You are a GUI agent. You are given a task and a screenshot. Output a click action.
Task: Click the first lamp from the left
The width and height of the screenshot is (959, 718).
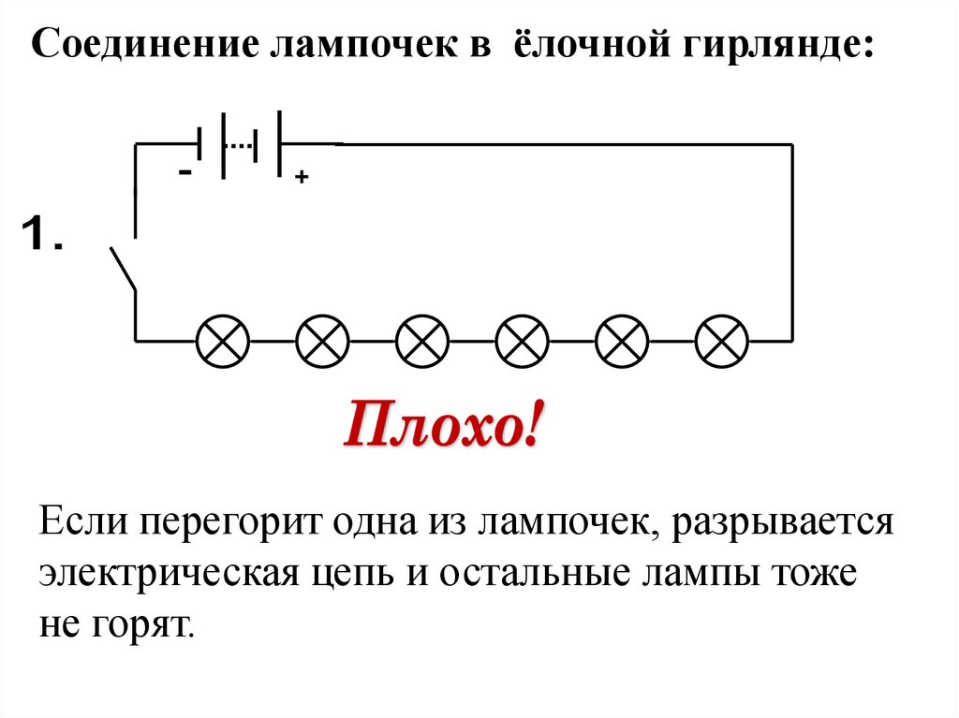[x=223, y=341]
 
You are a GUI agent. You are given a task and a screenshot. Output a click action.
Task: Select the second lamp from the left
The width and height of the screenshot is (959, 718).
[x=323, y=341]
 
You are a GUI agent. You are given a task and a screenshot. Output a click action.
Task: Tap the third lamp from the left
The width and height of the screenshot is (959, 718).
[x=423, y=341]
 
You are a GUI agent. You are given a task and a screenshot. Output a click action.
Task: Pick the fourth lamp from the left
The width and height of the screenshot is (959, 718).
[x=523, y=341]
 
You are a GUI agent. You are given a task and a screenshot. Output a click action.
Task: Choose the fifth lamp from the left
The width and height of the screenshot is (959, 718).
[x=623, y=341]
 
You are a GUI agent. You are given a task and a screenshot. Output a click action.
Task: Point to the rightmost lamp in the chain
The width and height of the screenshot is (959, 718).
[x=723, y=341]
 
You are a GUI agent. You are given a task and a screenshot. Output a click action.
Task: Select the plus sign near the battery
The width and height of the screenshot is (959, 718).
[x=302, y=177]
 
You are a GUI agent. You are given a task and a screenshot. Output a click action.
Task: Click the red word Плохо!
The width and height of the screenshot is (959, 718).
[x=442, y=426]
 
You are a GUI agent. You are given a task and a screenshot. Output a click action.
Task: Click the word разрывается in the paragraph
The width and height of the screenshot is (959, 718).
[x=794, y=520]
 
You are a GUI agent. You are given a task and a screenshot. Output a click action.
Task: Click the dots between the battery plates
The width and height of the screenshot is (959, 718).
[x=242, y=144]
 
